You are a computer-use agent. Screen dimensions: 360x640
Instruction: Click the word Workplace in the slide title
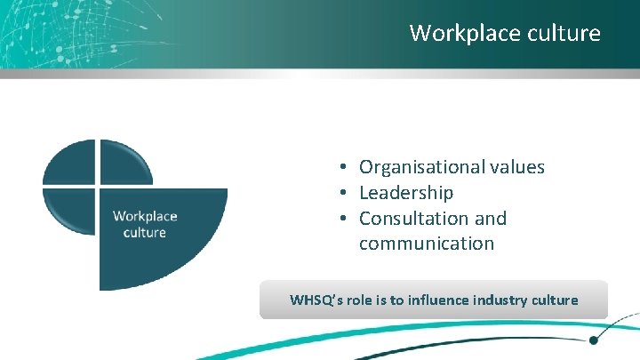(x=456, y=34)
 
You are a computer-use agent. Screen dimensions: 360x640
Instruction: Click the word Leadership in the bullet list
(x=406, y=193)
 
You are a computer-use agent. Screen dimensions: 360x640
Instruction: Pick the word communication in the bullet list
(x=427, y=244)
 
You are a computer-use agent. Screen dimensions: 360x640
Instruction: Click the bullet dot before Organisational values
(x=341, y=168)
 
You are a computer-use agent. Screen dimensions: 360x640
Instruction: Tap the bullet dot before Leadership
(x=341, y=194)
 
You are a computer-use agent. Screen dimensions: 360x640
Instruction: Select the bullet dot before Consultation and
(x=341, y=220)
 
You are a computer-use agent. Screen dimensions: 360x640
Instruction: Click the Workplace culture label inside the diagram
(x=145, y=224)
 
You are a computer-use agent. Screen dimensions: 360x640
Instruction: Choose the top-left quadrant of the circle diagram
(x=71, y=164)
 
